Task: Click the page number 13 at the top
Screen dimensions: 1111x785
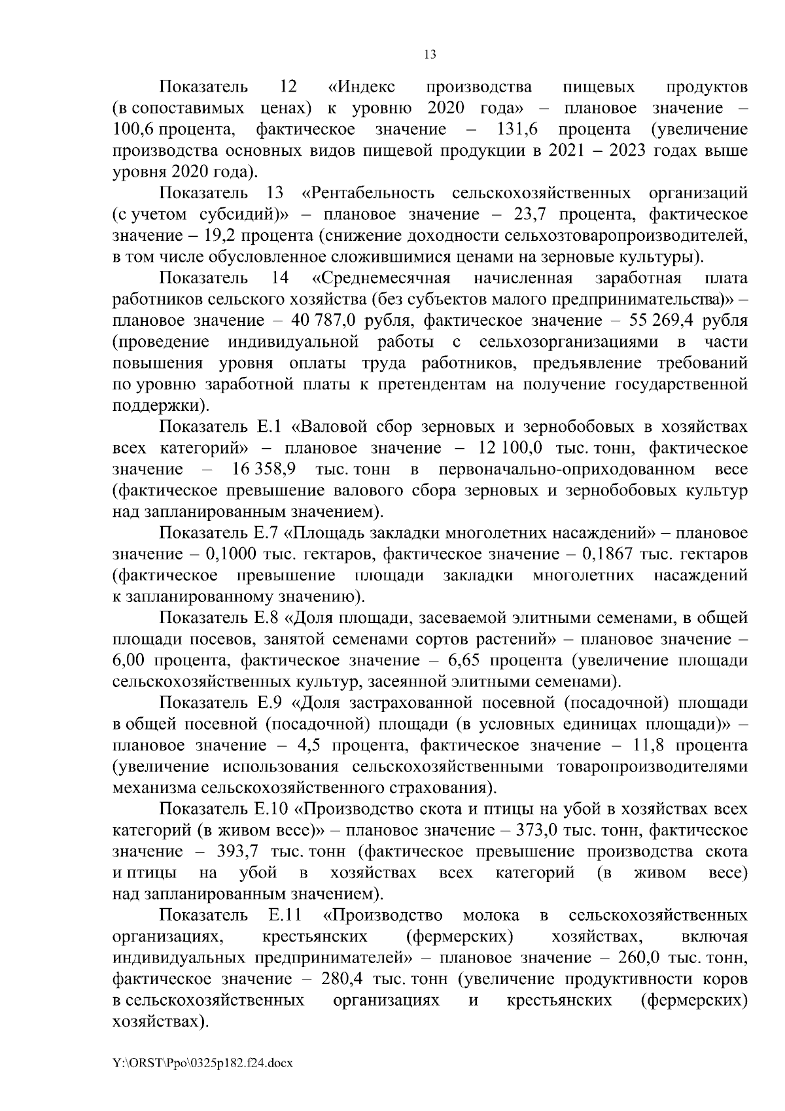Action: click(x=430, y=55)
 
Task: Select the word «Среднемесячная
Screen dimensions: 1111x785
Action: click(x=381, y=278)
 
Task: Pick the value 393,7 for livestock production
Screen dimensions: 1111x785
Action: click(x=237, y=851)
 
